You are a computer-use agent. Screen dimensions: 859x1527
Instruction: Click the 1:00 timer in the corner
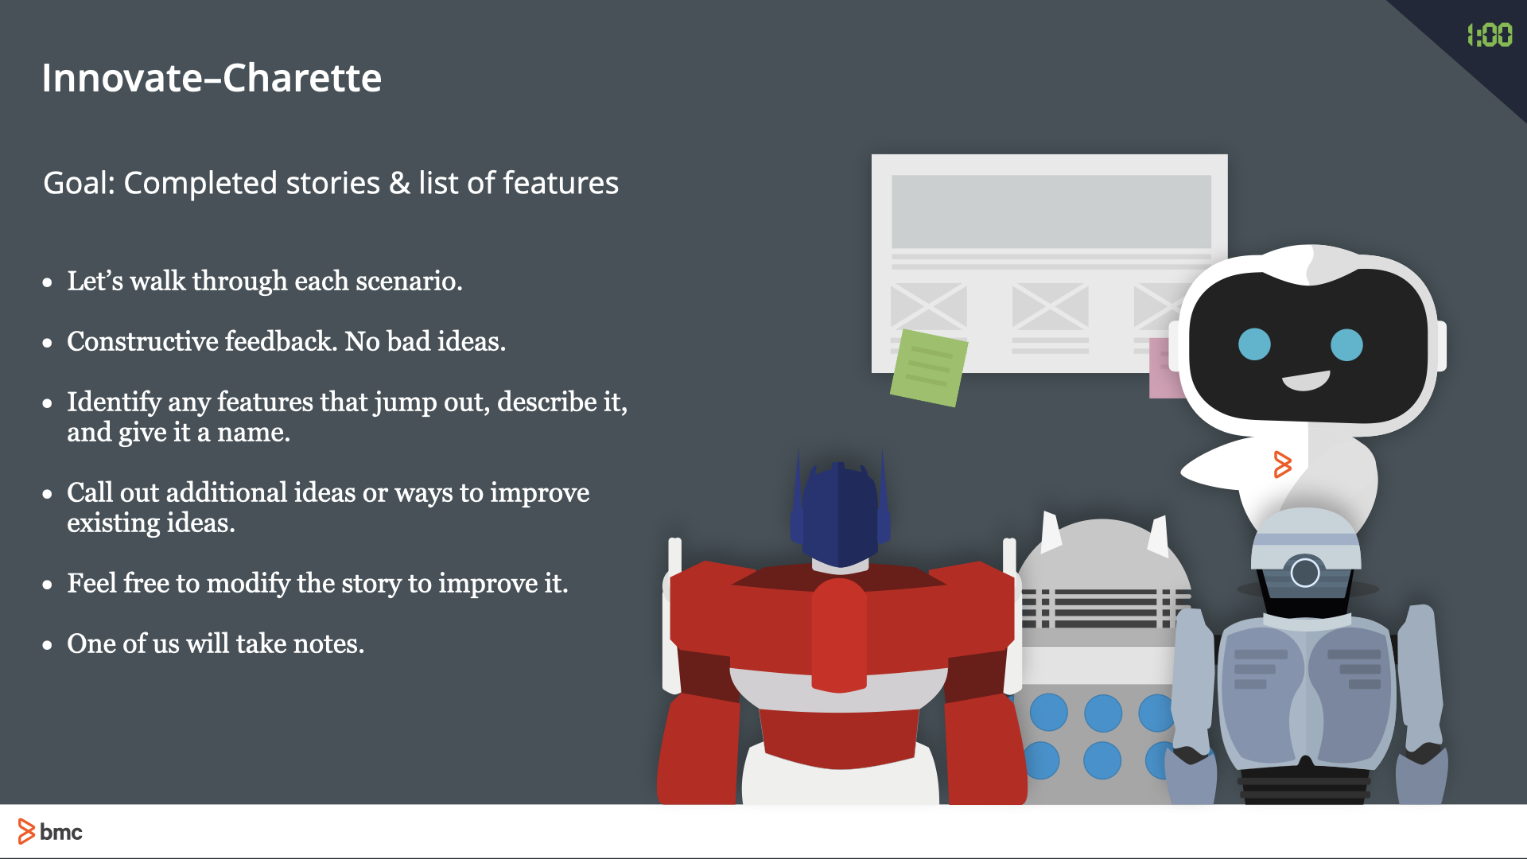(x=1489, y=35)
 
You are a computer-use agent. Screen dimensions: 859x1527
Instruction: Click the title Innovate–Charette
(x=212, y=78)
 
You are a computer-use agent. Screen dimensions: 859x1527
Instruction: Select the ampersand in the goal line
(x=399, y=184)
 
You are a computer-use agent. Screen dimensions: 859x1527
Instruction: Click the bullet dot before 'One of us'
(x=48, y=645)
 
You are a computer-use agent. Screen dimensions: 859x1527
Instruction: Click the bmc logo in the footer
(x=50, y=832)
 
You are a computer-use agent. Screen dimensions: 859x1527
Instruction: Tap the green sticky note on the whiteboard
(x=928, y=367)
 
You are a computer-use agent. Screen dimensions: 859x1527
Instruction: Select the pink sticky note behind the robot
(x=1162, y=370)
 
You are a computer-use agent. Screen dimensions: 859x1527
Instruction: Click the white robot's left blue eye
(x=1254, y=344)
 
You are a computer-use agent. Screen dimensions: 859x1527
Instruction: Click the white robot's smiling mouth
(x=1305, y=381)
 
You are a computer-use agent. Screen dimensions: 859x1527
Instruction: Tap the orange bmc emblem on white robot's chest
(x=1282, y=464)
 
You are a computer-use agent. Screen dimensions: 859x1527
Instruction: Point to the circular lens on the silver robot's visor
(x=1304, y=573)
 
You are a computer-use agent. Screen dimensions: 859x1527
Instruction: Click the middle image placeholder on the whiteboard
(x=1050, y=305)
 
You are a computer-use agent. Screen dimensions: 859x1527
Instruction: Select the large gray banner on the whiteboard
(x=1051, y=212)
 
